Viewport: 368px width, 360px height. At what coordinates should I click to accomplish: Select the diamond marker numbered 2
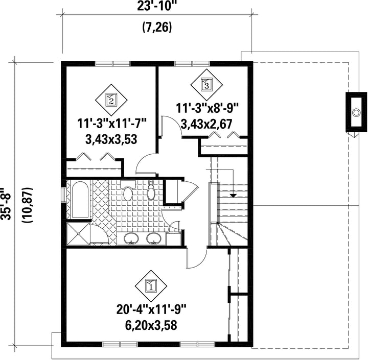(111, 100)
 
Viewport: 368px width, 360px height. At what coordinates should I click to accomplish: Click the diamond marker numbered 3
(206, 85)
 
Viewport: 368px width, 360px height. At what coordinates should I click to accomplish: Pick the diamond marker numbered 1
(151, 286)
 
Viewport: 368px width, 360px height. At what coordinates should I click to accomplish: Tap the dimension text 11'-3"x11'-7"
(112, 124)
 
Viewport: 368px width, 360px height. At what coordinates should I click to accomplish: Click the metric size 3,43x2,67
(207, 124)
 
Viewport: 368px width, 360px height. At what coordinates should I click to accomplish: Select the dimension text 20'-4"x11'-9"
(151, 309)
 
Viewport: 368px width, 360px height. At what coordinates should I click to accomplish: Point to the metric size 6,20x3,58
(151, 325)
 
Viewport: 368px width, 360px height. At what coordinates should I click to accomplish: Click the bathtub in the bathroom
(80, 200)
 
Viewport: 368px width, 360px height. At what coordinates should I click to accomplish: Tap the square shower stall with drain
(78, 234)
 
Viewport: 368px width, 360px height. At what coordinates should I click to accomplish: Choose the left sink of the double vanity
(131, 239)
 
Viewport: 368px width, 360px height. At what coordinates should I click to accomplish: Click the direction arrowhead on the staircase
(233, 195)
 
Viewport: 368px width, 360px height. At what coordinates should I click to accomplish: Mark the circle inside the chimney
(357, 113)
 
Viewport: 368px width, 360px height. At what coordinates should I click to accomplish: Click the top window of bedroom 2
(112, 63)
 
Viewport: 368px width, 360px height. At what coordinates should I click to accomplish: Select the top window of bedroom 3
(193, 63)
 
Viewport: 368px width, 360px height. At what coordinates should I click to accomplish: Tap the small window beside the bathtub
(63, 195)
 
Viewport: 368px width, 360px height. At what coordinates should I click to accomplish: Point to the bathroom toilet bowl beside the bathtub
(128, 193)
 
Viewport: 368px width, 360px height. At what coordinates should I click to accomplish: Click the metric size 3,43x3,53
(111, 140)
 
